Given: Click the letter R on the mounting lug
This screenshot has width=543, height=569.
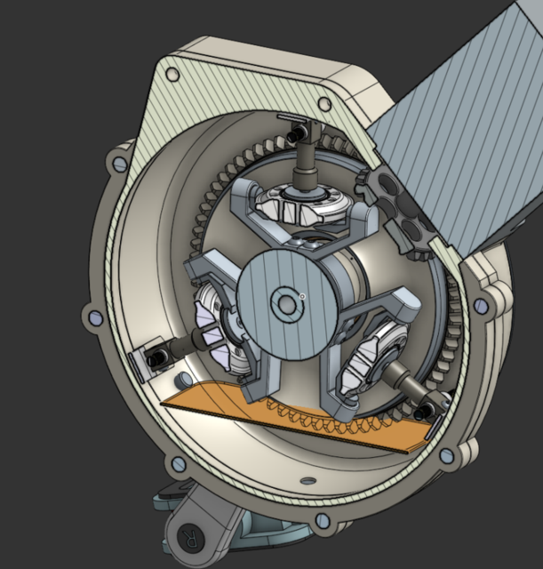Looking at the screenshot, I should [188, 537].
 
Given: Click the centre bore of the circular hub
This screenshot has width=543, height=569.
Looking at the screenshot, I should [286, 305].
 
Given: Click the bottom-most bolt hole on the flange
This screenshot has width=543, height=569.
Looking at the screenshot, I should [323, 520].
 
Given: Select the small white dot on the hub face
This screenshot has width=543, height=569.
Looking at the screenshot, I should [303, 295].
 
